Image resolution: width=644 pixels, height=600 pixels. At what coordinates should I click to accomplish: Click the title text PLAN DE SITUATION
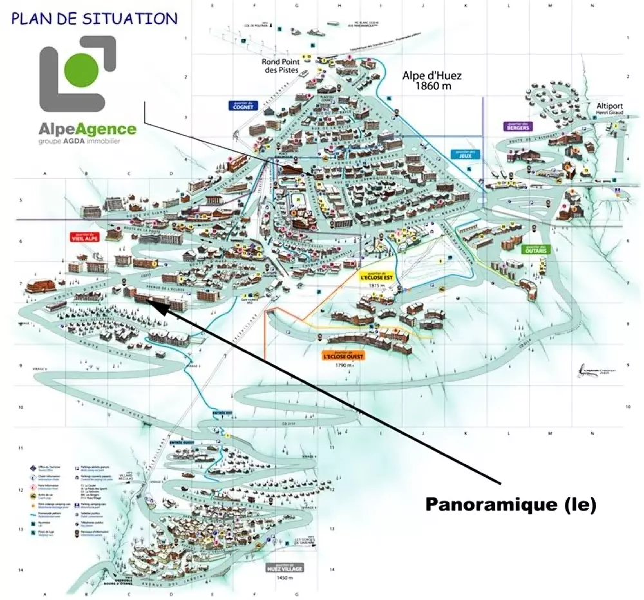[x=94, y=18]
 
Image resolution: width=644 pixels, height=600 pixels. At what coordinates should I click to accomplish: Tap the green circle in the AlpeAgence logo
[x=82, y=68]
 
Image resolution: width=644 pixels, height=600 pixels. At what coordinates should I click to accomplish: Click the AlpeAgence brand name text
[x=88, y=129]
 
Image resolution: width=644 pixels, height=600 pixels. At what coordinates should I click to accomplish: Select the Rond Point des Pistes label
[x=280, y=66]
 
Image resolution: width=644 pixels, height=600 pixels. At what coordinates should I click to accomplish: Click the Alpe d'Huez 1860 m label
[x=432, y=80]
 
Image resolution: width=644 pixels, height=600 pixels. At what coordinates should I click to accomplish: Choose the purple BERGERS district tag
[x=518, y=126]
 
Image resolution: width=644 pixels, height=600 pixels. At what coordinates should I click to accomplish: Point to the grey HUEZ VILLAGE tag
[x=283, y=568]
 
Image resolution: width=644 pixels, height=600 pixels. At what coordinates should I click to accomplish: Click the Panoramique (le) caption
[x=511, y=505]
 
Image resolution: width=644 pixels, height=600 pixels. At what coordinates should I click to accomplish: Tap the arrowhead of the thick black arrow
[x=162, y=306]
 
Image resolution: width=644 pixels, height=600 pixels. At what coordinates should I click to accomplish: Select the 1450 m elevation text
[x=283, y=579]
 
